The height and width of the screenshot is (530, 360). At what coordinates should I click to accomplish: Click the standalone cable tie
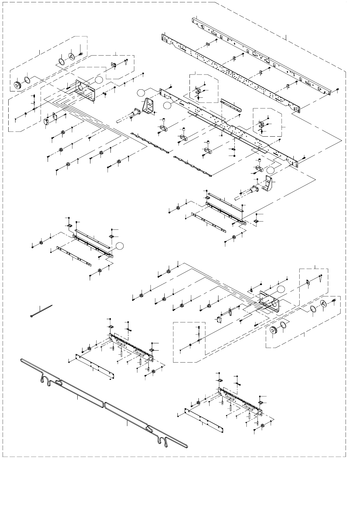[41, 311]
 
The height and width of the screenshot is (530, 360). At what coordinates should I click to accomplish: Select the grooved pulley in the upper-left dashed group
[17, 85]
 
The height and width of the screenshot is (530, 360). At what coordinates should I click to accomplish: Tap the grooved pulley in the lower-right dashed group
[273, 330]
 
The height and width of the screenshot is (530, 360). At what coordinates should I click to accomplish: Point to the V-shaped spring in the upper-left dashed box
[126, 62]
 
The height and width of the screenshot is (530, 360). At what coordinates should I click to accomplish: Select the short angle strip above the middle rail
[232, 105]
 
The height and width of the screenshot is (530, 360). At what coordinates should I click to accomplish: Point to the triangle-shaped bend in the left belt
[58, 382]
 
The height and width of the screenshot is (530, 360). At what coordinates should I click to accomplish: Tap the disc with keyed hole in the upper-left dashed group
[72, 56]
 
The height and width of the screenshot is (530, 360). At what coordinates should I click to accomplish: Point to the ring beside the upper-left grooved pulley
[27, 81]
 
